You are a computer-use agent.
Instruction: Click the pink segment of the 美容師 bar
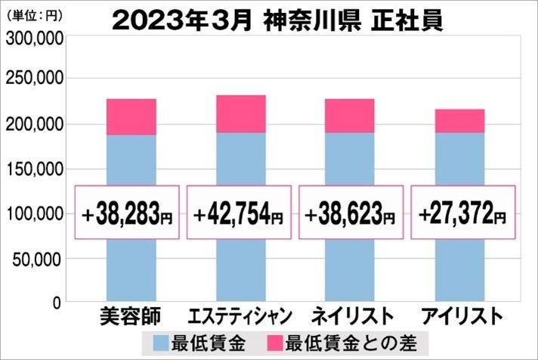[131, 117]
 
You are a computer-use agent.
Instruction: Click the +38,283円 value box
[128, 213]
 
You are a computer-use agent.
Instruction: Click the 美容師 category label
[130, 315]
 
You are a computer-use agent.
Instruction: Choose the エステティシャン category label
[241, 315]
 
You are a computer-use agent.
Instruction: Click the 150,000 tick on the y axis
[33, 169]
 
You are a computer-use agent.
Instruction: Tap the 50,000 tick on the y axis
[38, 258]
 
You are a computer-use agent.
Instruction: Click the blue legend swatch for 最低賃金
[162, 341]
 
